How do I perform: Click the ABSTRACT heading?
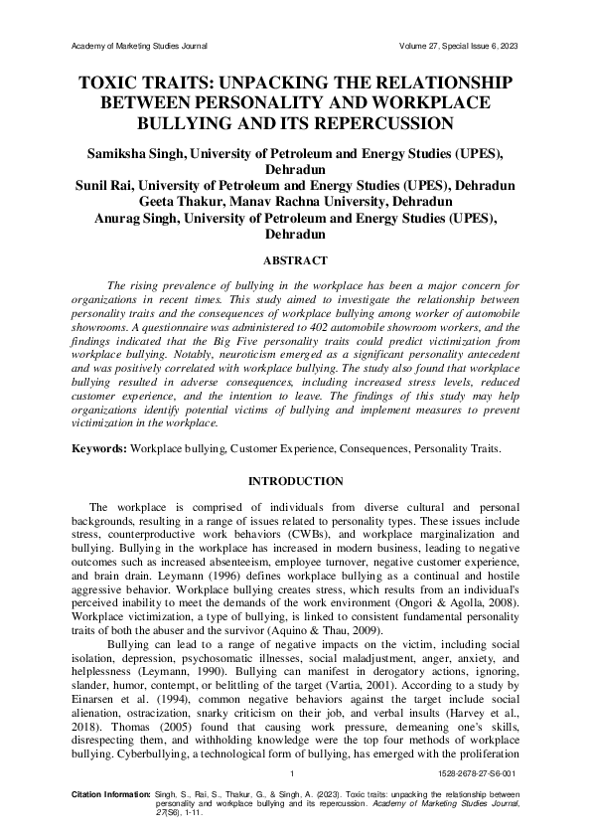pyautogui.click(x=295, y=260)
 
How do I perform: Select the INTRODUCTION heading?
pyautogui.click(x=295, y=481)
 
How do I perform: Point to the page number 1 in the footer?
pyautogui.click(x=291, y=772)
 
